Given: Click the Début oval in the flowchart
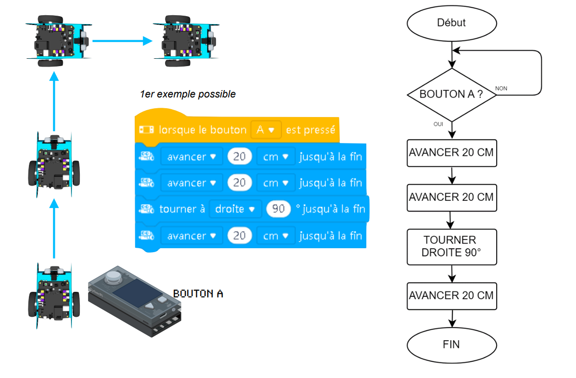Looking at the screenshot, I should [451, 23].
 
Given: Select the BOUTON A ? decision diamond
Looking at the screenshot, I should [451, 94].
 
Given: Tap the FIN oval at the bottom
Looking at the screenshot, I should [451, 344].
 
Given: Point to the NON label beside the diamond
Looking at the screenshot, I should [501, 89].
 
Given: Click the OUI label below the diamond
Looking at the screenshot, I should [438, 124].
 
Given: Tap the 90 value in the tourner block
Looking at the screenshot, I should [278, 209].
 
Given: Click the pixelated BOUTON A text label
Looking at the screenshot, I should [198, 294].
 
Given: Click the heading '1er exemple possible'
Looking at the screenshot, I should [188, 94].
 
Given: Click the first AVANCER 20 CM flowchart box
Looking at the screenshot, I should [451, 152].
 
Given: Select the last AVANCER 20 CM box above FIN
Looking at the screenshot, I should [451, 296].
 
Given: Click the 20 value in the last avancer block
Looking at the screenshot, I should [240, 236].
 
